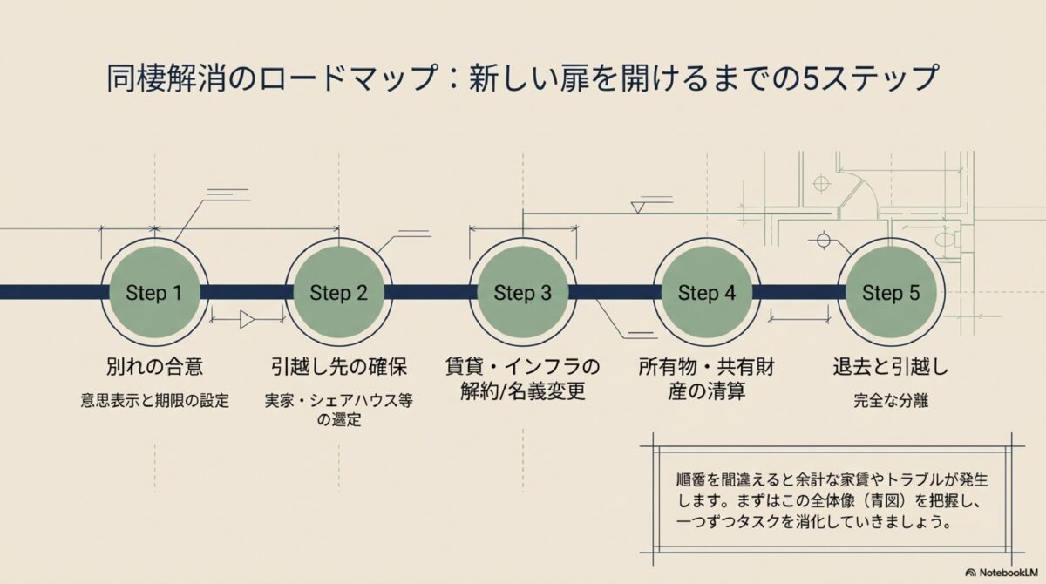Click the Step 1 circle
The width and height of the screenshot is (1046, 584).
point(154,293)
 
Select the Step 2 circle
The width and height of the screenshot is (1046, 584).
point(338,293)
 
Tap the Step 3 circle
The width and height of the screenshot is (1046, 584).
point(523,293)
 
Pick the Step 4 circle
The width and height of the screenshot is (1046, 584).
point(707,293)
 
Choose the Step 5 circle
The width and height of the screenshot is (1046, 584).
point(891,293)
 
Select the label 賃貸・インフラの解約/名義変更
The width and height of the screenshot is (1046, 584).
point(523,378)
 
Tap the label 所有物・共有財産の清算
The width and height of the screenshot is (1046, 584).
point(707,378)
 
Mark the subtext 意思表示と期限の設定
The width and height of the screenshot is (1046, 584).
point(154,402)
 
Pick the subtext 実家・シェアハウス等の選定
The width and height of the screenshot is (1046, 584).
point(338,411)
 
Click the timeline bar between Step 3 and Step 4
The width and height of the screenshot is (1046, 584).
point(615,292)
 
